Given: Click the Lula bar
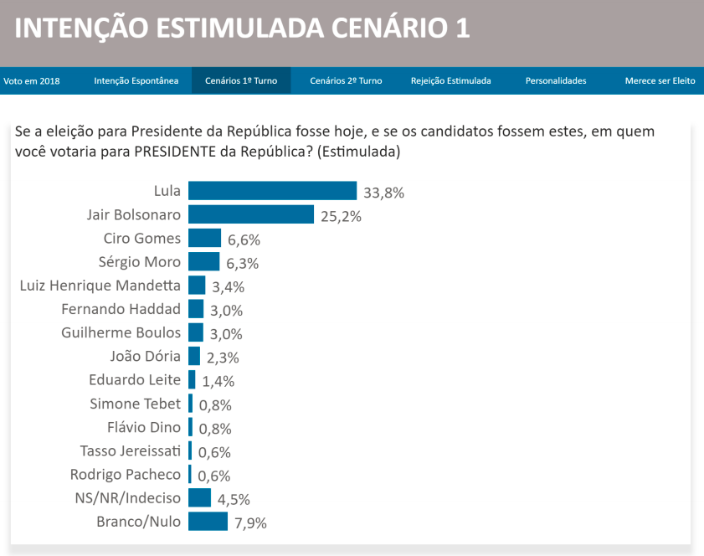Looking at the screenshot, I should pyautogui.click(x=272, y=191).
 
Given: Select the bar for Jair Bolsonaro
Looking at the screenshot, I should pyautogui.click(x=250, y=214).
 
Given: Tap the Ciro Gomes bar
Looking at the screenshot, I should pyautogui.click(x=204, y=238).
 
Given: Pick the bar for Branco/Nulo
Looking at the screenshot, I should pyautogui.click(x=208, y=522).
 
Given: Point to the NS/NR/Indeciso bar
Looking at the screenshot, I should pyautogui.click(x=199, y=498).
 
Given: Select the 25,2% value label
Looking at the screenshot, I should pyautogui.click(x=341, y=216).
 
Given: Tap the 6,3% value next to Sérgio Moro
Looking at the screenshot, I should pyautogui.click(x=243, y=263).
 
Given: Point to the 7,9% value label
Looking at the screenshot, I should pyautogui.click(x=250, y=523).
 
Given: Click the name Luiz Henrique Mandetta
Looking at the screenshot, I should pyautogui.click(x=100, y=285).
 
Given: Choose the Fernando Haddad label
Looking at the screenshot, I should pyautogui.click(x=121, y=308).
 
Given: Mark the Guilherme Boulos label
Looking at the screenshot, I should pyautogui.click(x=121, y=332).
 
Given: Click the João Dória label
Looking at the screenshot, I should pyautogui.click(x=145, y=356).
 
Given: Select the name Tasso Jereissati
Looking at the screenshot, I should pyautogui.click(x=130, y=450).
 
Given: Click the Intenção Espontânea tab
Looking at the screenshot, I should pyautogui.click(x=136, y=81).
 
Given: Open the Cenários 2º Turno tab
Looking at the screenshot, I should pyautogui.click(x=346, y=81).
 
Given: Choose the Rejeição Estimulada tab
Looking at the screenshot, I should pyautogui.click(x=450, y=81).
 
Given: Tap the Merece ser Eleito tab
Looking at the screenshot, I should pyautogui.click(x=660, y=81).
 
